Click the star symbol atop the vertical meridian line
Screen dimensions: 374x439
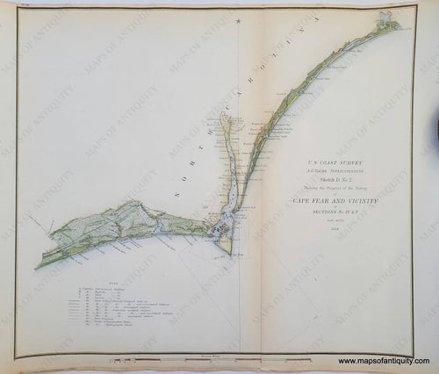click(x=239, y=20)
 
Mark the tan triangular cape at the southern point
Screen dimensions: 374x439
click(x=225, y=245)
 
